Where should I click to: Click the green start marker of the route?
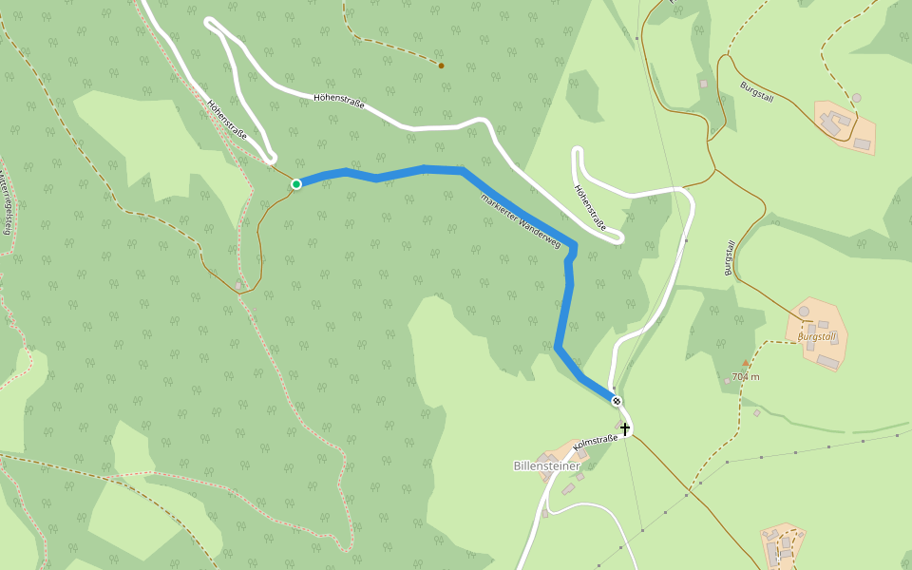click(296, 183)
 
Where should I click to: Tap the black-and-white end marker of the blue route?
click(617, 401)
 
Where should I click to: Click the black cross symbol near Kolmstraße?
click(625, 429)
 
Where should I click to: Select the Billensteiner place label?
click(546, 465)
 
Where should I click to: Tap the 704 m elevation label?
click(746, 376)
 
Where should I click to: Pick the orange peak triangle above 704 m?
click(746, 364)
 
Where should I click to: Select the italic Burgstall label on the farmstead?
click(816, 336)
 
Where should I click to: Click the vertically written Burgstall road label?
click(730, 258)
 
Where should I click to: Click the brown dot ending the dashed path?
click(441, 66)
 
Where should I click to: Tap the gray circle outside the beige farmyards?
click(856, 98)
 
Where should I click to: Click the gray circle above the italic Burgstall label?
click(804, 311)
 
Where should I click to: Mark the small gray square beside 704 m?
click(728, 381)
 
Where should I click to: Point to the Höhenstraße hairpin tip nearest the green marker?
click(271, 158)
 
